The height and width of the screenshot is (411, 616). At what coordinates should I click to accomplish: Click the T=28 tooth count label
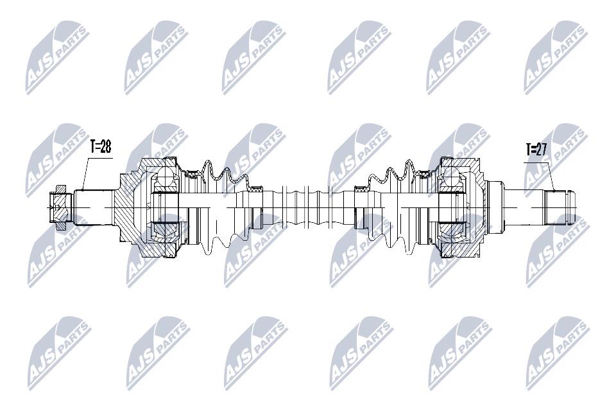tap(101, 147)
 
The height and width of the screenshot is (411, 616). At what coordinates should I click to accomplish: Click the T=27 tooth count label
tap(536, 150)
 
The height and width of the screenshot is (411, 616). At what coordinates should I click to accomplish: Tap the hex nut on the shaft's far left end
tap(60, 207)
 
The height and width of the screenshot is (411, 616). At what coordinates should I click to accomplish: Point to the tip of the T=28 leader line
tap(83, 190)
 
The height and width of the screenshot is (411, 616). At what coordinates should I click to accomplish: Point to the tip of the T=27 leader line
tap(554, 191)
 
